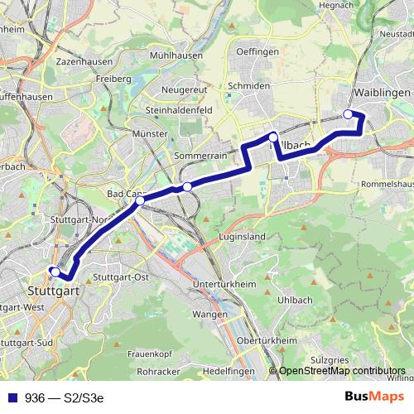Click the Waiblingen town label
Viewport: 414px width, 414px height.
[x=382, y=93]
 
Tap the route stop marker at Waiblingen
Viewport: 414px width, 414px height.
[x=348, y=114]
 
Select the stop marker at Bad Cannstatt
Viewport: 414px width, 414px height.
[x=140, y=200]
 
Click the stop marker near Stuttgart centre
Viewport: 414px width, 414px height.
[x=55, y=272]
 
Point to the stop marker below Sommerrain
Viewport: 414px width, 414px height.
[x=187, y=187]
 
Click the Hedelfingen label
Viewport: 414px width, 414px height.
[x=229, y=372]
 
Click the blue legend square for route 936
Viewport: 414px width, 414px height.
[x=12, y=397]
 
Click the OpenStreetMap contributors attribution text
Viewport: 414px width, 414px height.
[x=341, y=372]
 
